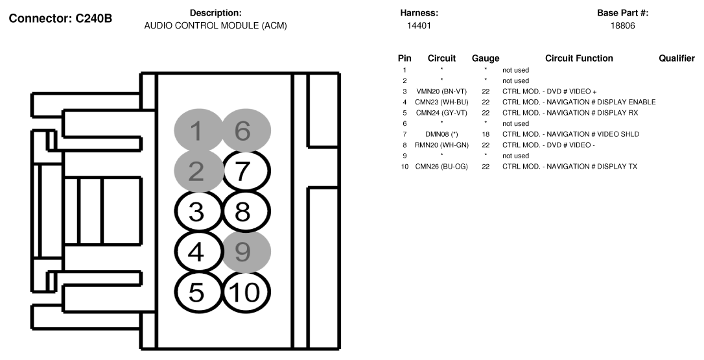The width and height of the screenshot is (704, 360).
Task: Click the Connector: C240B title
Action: [x=60, y=18]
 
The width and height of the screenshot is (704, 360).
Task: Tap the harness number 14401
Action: [x=419, y=26]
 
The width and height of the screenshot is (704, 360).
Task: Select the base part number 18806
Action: [x=622, y=26]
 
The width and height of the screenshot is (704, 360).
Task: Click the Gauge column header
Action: [x=485, y=58]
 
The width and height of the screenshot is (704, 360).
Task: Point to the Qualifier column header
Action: [x=676, y=58]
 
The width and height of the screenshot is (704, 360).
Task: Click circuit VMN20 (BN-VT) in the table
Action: [x=441, y=91]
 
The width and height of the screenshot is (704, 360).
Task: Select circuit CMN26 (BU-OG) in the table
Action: [x=441, y=167]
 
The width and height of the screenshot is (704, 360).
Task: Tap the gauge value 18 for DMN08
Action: [x=485, y=134]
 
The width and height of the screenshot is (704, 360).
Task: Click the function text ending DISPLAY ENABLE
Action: [x=578, y=102]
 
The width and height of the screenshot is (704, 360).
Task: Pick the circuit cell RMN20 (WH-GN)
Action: [x=441, y=145]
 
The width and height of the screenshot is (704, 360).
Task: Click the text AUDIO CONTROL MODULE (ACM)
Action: [x=215, y=26]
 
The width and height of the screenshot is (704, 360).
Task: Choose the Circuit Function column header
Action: [x=578, y=58]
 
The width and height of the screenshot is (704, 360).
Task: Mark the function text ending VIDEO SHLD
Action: [x=570, y=134]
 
